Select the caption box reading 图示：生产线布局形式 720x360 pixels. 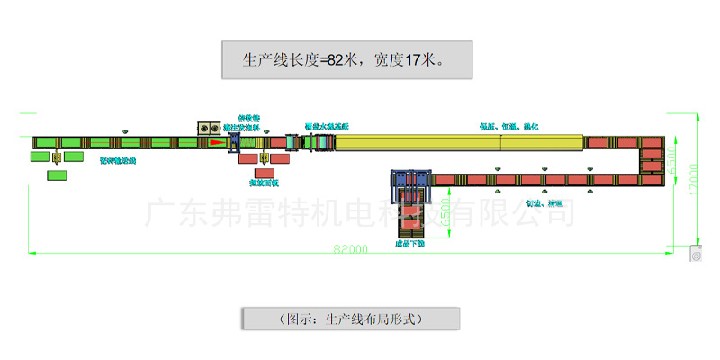tap(351, 319)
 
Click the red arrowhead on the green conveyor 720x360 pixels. tap(213, 141)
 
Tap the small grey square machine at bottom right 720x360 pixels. tap(695, 254)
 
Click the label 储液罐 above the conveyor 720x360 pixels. tap(248, 118)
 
